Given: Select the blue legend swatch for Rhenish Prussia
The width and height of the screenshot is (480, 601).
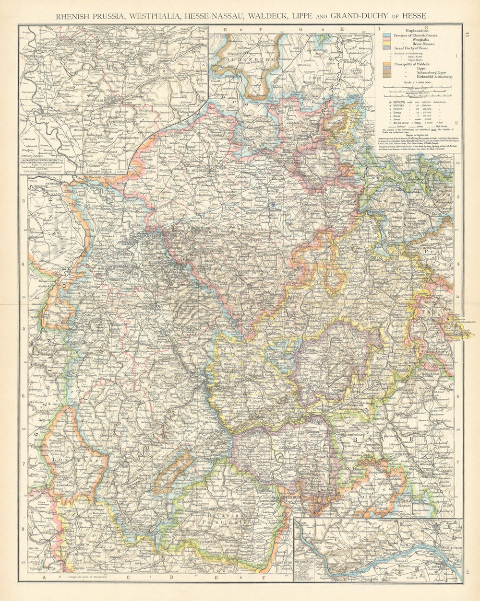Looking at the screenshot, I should (x=386, y=35).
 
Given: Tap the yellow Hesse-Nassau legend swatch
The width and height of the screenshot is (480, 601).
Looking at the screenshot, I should (x=386, y=44).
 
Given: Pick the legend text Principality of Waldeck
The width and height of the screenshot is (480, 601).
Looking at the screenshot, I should (x=414, y=64).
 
